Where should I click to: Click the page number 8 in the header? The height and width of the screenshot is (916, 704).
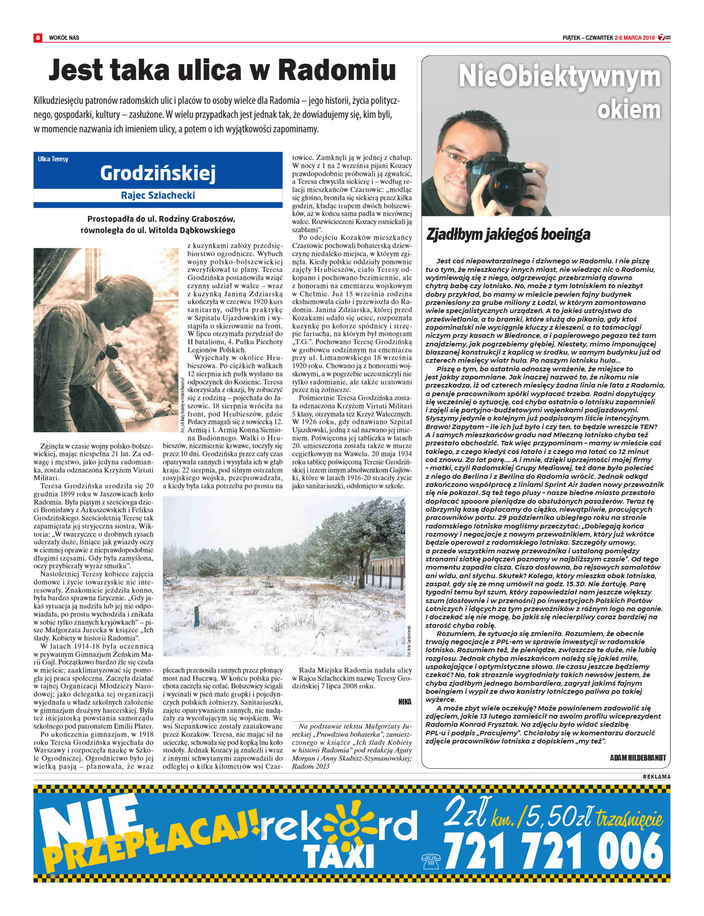(x=38, y=37)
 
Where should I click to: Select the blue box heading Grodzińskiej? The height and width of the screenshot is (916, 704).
(x=158, y=173)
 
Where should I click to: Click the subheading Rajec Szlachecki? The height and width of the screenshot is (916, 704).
(x=158, y=195)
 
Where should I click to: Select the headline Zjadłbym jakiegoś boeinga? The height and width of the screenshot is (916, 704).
(x=508, y=234)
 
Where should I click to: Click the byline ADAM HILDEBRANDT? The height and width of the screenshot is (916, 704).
(x=638, y=757)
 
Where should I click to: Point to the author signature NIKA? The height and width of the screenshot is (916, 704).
(x=405, y=701)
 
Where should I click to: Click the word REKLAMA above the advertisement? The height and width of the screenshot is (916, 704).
(x=657, y=776)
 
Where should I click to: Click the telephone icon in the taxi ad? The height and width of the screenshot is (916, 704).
(x=430, y=861)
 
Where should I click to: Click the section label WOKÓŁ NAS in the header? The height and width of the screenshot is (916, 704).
(x=64, y=38)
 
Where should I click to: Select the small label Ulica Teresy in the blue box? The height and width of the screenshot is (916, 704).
(x=53, y=159)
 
